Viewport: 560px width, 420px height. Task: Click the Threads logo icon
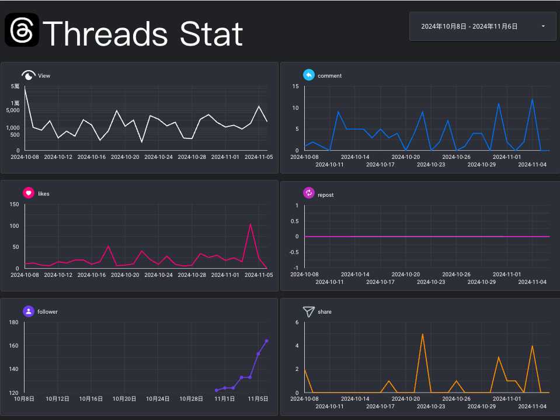(22, 30)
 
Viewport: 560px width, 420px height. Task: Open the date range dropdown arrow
(543, 26)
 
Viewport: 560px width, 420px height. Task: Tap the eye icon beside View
(28, 75)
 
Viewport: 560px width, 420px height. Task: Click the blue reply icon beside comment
(308, 75)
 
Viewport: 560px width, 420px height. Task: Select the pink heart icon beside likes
(28, 193)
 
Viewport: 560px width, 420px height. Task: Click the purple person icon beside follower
(28, 311)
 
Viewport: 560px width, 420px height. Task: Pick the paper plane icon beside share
(308, 311)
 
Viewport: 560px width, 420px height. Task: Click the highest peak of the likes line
(251, 224)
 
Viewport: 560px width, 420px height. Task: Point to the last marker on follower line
(267, 341)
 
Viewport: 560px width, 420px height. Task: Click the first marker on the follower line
(217, 390)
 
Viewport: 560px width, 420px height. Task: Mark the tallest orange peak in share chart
(422, 334)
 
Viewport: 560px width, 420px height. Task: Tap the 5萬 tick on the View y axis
(15, 86)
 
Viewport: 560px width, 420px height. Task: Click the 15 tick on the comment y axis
(295, 86)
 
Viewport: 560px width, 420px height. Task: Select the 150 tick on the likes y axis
(15, 204)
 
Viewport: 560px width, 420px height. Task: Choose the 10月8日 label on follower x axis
(25, 399)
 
